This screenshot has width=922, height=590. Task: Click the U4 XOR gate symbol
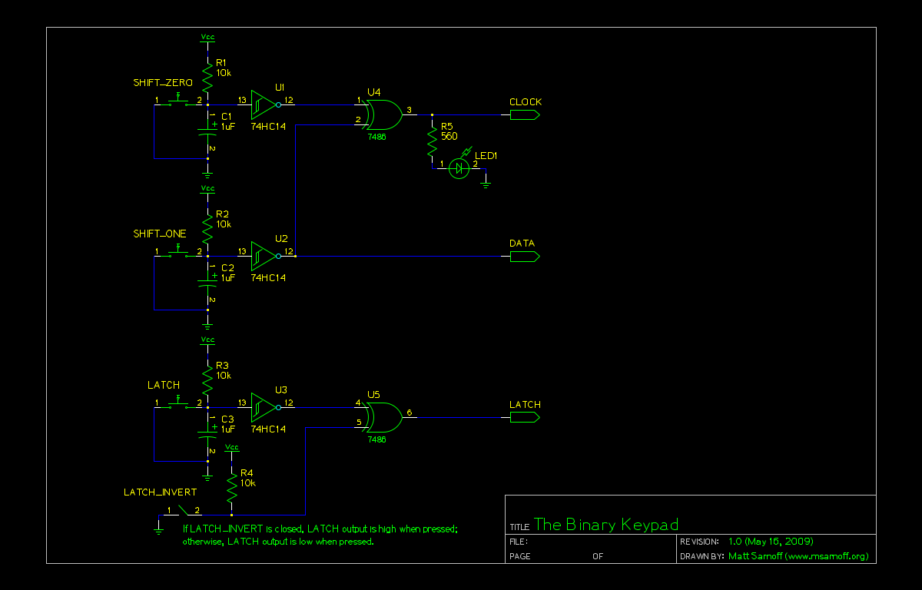coord(384,114)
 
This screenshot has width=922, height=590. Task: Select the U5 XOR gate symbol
coord(384,417)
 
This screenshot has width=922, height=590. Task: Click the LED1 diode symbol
coord(459,167)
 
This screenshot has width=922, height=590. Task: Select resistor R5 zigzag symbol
coord(432,141)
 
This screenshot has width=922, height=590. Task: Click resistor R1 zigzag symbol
coord(207,75)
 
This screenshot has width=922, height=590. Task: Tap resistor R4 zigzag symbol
coord(231,485)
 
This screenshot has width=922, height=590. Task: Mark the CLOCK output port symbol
coord(525,114)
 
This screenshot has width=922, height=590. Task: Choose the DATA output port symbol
coord(525,256)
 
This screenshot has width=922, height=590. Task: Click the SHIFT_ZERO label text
coord(163,82)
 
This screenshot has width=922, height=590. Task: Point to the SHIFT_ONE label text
coord(160,234)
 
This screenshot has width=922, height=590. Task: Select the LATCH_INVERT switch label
coord(160,492)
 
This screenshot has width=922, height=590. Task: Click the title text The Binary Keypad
coord(606,525)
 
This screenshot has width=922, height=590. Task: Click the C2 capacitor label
coord(227,267)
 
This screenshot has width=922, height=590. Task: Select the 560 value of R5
coord(449,136)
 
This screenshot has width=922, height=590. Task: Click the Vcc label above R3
coord(207,340)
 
